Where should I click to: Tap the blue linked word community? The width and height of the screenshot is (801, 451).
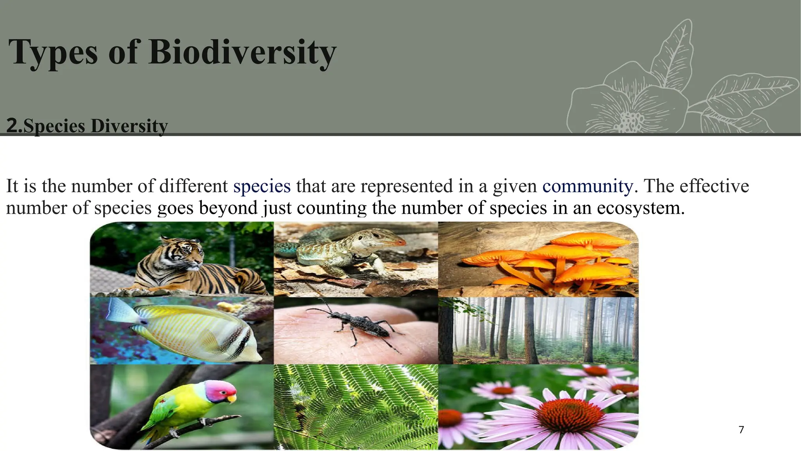587,186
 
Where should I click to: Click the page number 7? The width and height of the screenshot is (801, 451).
741,430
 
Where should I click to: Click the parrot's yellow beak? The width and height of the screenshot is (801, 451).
232,399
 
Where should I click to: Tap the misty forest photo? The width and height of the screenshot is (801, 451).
538,330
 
